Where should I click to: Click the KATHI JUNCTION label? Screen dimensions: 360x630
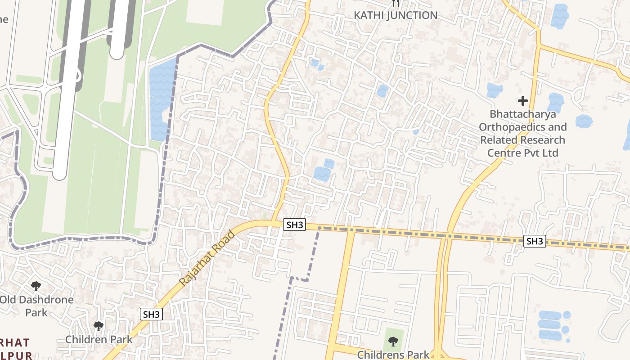395,15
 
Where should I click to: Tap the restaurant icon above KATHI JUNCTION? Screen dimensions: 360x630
396,3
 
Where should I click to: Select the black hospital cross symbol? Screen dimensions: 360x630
522,100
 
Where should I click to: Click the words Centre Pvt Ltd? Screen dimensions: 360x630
522,153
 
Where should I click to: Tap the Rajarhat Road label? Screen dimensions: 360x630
207,258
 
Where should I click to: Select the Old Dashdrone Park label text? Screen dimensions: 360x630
36,306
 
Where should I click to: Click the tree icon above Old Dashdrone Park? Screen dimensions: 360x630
36,286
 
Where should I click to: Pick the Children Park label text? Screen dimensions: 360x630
99,339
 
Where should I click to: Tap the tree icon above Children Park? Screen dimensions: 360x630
99,326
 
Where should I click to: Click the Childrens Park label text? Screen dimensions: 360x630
393,355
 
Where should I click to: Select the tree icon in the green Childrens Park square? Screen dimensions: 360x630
393,342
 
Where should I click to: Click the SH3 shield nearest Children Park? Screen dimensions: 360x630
151,314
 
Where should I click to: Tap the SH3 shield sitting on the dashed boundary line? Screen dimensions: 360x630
535,241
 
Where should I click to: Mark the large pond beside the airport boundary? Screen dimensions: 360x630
162,99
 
